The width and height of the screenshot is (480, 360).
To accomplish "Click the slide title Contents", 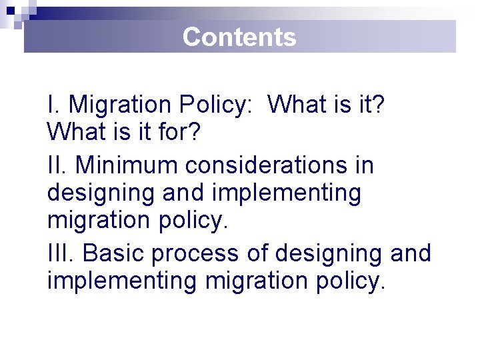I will click(239, 37).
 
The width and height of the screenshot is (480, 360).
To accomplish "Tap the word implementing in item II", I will click(287, 193).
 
